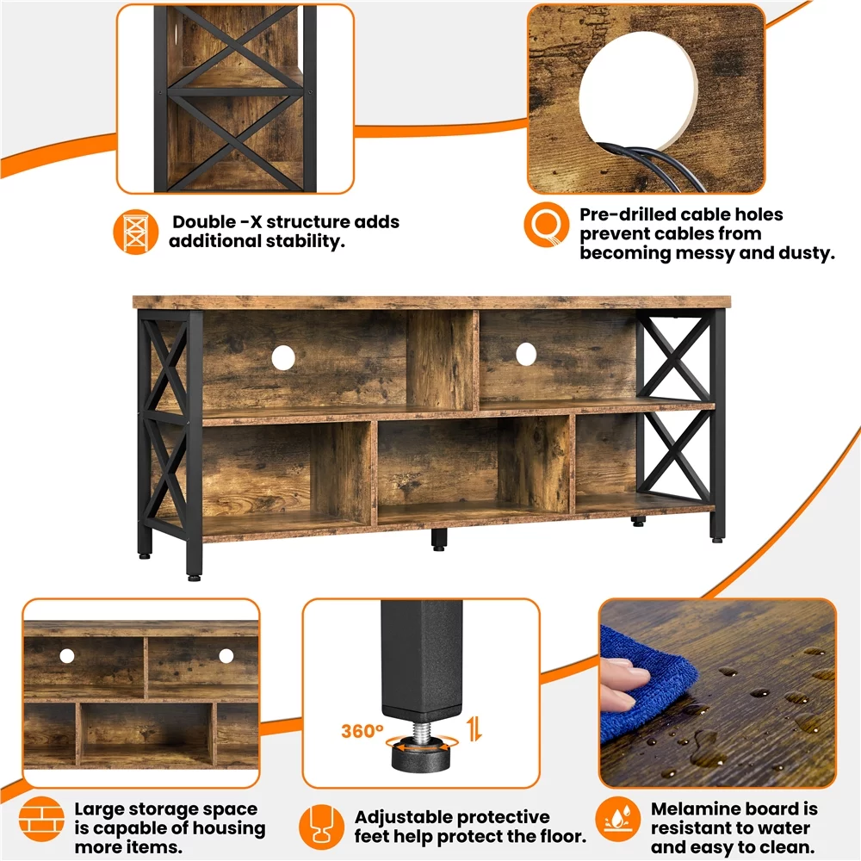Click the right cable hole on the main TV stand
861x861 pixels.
point(525,352)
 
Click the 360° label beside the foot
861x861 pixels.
point(362,732)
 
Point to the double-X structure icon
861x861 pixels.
point(136,231)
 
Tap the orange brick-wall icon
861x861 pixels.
point(43,819)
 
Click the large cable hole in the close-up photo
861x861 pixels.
point(639,86)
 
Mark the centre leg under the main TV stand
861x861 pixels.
point(439,539)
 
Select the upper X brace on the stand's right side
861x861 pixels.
point(675,356)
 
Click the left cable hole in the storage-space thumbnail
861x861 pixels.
point(67,656)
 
